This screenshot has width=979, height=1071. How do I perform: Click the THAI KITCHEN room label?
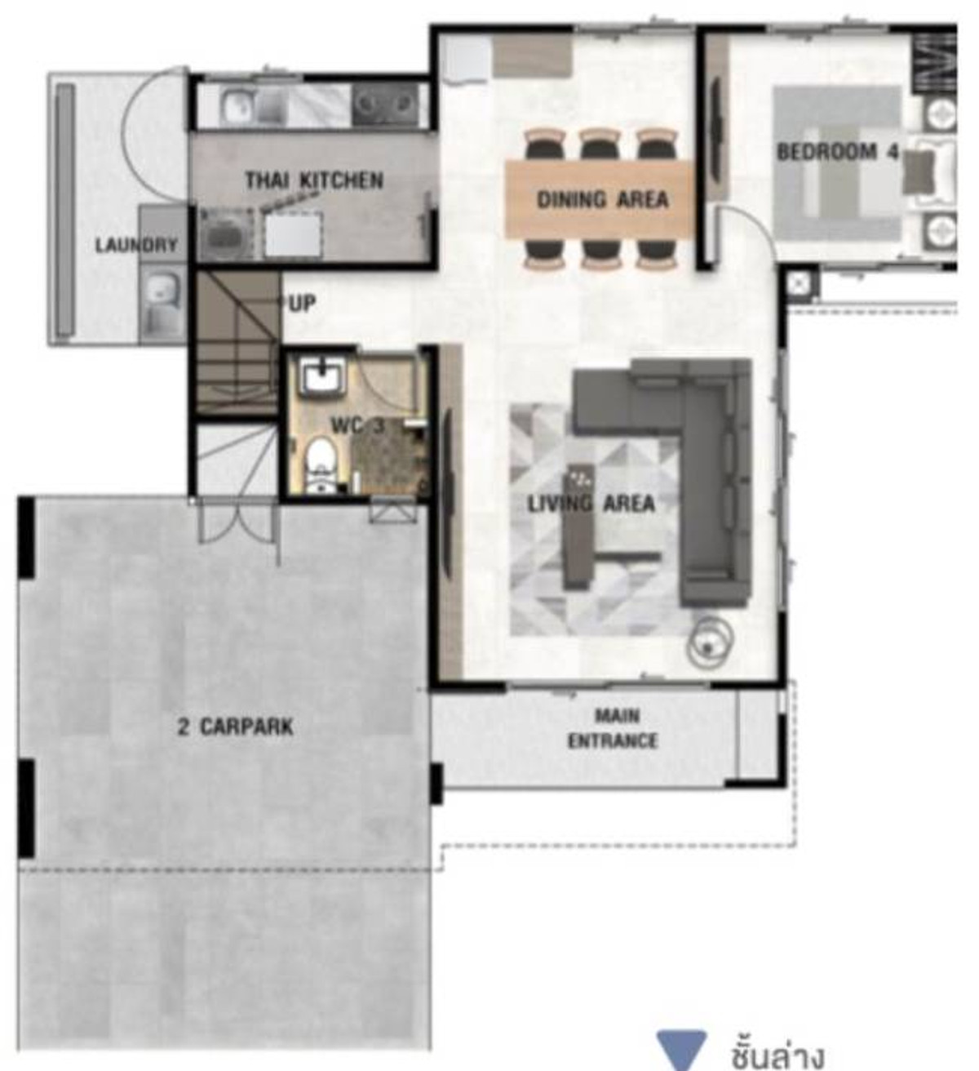coord(314,180)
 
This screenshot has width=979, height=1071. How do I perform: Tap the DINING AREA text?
coord(603,200)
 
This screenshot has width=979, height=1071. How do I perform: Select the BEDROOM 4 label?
coord(838,152)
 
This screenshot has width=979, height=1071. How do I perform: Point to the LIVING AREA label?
coord(591,504)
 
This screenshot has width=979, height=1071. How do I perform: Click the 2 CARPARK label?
coord(236,727)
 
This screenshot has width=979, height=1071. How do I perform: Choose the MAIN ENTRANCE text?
coord(612,728)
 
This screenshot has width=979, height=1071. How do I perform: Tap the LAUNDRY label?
coord(136,245)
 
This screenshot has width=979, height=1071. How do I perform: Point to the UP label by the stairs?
coord(302,304)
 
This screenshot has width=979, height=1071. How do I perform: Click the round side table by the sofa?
coord(709,640)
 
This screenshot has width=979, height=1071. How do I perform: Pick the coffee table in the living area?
coord(580,527)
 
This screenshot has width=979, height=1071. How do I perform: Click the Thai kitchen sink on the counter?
coord(236,106)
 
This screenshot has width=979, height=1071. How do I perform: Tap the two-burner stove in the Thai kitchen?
coord(383,105)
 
